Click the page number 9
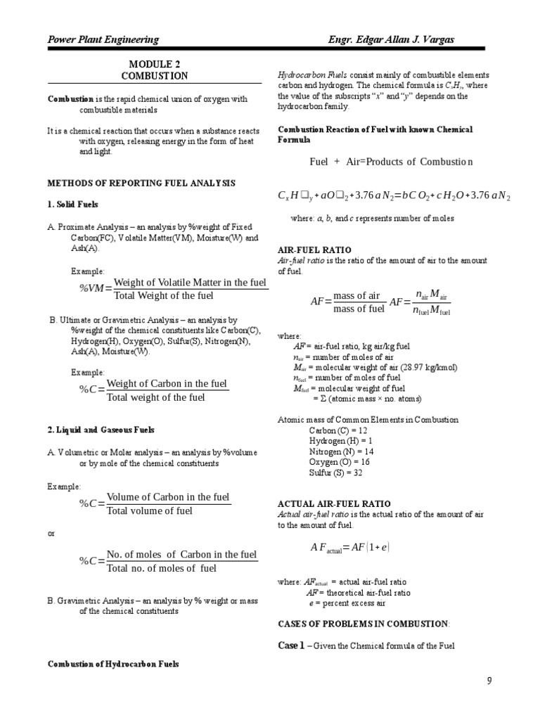pyautogui.click(x=489, y=681)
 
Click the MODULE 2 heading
pyautogui.click(x=154, y=64)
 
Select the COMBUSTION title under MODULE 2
pyautogui.click(x=154, y=76)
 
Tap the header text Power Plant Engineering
pyautogui.click(x=103, y=39)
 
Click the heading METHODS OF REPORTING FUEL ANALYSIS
pyautogui.click(x=141, y=183)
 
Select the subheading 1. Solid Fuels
pyautogui.click(x=73, y=204)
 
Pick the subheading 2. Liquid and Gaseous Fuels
pyautogui.click(x=101, y=430)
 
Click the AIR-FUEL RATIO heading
pyautogui.click(x=315, y=250)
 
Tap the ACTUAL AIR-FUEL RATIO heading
pyautogui.click(x=335, y=503)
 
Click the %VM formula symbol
pyautogui.click(x=95, y=288)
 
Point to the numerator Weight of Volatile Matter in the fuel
pyautogui.click(x=190, y=282)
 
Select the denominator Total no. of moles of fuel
pyautogui.click(x=162, y=568)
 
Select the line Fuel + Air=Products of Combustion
pyautogui.click(x=391, y=162)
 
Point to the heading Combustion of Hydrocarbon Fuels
pyautogui.click(x=112, y=664)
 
